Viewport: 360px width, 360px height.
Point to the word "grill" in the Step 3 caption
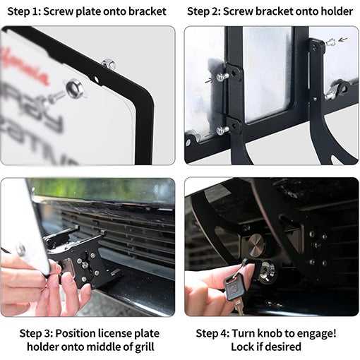tap(147, 347)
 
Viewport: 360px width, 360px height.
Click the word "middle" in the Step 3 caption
tap(107, 347)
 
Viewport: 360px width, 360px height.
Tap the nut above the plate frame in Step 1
tap(108, 64)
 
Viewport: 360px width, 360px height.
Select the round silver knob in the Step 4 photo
tap(256, 246)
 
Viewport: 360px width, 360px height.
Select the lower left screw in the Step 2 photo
tap(222, 130)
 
